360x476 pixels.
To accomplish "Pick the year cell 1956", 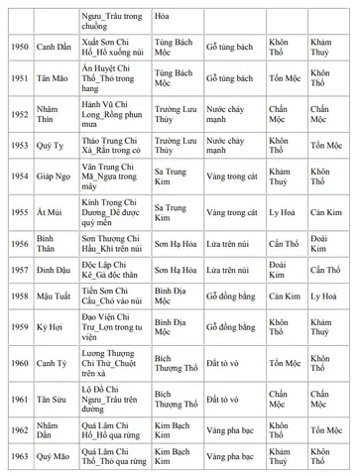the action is [x=20, y=244].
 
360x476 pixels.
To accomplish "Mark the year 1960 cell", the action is [x=20, y=362].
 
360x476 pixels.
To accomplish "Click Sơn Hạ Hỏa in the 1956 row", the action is [x=177, y=244].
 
